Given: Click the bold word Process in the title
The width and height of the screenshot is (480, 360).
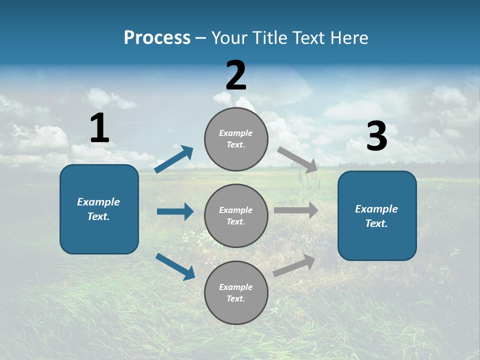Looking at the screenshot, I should [157, 38].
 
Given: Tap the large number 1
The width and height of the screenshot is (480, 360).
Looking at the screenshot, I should [99, 128].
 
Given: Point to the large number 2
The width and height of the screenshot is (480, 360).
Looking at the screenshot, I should [236, 75].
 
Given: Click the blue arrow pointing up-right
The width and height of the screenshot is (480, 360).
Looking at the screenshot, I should [174, 159].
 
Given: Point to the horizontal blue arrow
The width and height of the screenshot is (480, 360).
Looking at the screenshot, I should [175, 211].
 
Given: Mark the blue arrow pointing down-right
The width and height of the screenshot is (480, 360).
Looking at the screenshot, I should [175, 266].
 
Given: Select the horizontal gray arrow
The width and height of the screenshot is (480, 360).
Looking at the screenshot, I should [295, 210].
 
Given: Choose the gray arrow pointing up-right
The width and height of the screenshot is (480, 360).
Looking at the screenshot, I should [294, 265].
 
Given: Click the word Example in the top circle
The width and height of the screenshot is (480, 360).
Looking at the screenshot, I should [235, 133].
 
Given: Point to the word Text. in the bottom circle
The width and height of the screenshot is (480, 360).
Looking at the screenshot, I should [235, 298].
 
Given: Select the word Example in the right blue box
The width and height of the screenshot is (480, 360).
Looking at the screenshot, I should [376, 209].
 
